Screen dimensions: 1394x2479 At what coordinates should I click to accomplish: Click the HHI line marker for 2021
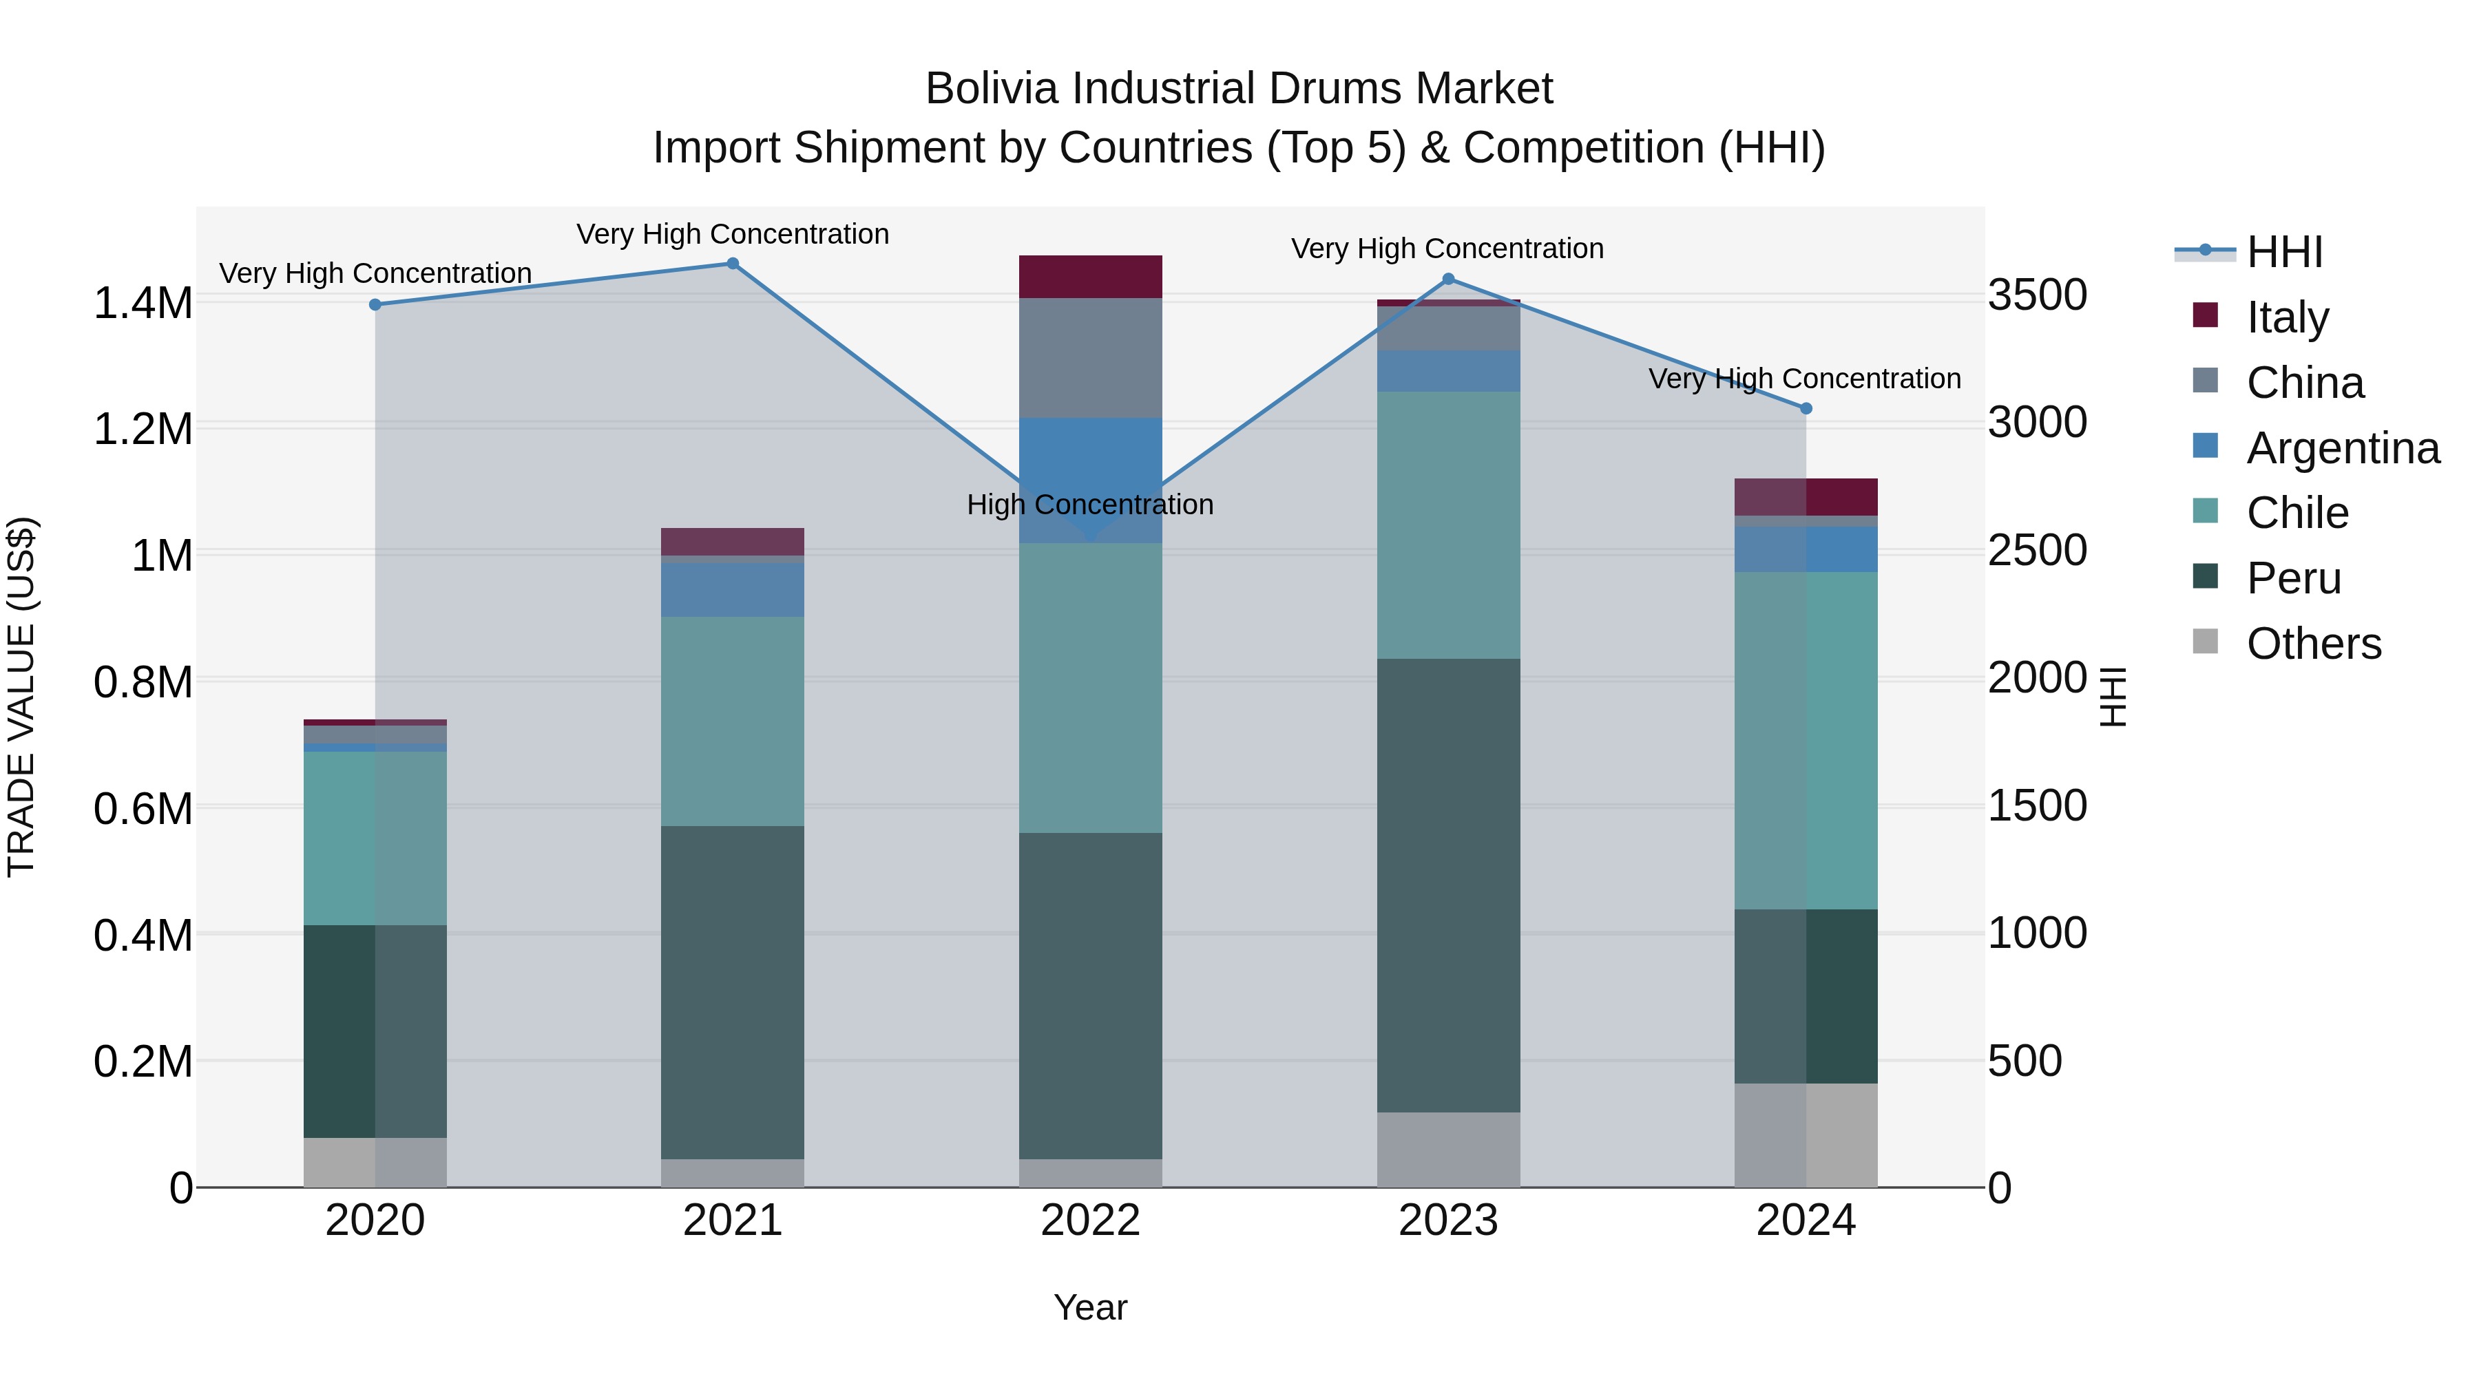pyautogui.click(x=733, y=264)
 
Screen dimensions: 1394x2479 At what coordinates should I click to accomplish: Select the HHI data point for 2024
pyautogui.click(x=1806, y=409)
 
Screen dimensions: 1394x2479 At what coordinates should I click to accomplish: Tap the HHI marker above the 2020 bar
pyautogui.click(x=375, y=305)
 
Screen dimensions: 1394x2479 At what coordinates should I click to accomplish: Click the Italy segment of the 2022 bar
pyautogui.click(x=1090, y=277)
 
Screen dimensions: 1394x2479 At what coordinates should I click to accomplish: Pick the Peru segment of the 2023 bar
pyautogui.click(x=1448, y=885)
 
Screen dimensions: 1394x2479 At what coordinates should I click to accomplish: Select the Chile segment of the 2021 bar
pyautogui.click(x=733, y=721)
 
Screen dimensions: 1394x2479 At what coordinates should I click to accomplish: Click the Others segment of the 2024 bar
pyautogui.click(x=1806, y=1135)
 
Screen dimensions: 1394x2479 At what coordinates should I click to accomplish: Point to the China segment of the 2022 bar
pyautogui.click(x=1090, y=358)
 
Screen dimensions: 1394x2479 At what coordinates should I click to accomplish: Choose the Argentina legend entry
pyautogui.click(x=2343, y=448)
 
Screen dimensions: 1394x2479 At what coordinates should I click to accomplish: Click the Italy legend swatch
pyautogui.click(x=2205, y=315)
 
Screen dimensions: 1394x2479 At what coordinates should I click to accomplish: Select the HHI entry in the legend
pyautogui.click(x=2283, y=252)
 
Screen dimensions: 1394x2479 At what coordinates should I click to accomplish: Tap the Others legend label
pyautogui.click(x=2314, y=644)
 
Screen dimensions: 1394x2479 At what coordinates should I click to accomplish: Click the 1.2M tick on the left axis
pyautogui.click(x=143, y=429)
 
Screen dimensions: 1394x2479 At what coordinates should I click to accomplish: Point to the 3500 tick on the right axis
pyautogui.click(x=2038, y=295)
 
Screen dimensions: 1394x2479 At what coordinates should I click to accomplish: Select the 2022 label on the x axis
pyautogui.click(x=1090, y=1221)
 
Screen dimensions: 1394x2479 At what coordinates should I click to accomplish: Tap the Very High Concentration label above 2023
pyautogui.click(x=1447, y=249)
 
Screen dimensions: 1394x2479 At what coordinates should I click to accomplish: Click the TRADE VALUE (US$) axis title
pyautogui.click(x=21, y=697)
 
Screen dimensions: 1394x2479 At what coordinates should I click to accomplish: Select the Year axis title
pyautogui.click(x=1090, y=1307)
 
